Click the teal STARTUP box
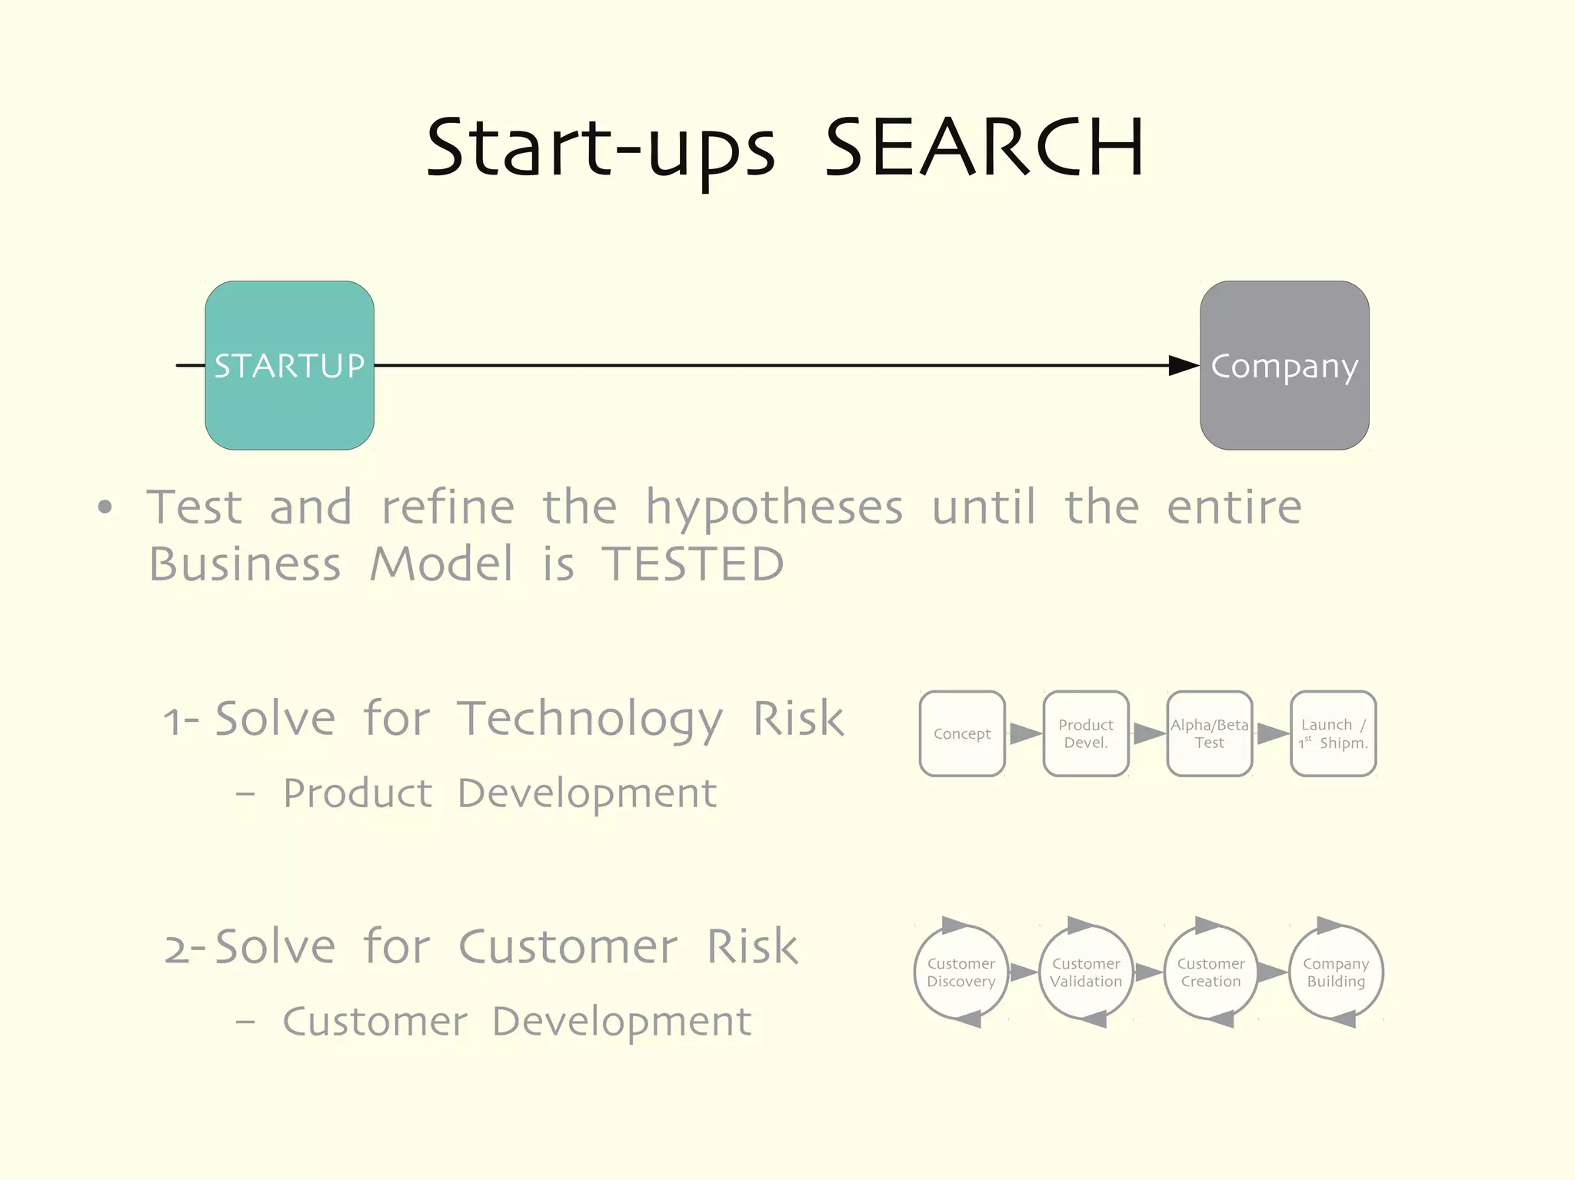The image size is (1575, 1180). tap(289, 365)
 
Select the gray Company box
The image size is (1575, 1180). tap(1284, 365)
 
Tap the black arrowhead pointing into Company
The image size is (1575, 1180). tap(1183, 365)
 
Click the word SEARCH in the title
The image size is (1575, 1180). tap(984, 148)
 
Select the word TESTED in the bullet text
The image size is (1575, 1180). tap(692, 564)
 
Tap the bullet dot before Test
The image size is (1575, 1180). tap(105, 507)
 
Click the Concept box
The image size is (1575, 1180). tap(962, 733)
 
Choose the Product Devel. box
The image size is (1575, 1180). tap(1086, 733)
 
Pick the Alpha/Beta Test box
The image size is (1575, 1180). tap(1210, 733)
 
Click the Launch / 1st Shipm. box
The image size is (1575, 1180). tap(1334, 733)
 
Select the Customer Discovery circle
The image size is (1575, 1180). tap(961, 972)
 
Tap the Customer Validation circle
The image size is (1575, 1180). tap(1086, 972)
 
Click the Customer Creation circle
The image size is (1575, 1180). tap(1211, 972)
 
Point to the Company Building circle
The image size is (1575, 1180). tap(1336, 972)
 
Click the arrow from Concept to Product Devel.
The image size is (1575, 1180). tap(1025, 733)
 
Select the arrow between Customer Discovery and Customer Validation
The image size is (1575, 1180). tap(1024, 972)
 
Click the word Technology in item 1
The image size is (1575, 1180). tap(591, 720)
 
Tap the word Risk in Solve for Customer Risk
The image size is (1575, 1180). tap(752, 946)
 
